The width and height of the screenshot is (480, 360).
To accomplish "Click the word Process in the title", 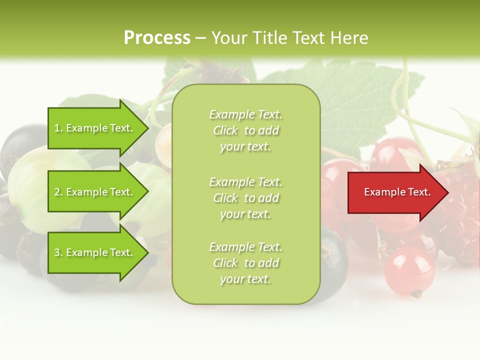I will [x=157, y=38].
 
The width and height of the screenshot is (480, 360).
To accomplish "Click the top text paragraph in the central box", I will [x=245, y=130].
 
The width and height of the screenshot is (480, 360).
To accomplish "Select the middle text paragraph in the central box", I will [x=245, y=198].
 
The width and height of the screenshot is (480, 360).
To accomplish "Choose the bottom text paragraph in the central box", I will [x=245, y=263].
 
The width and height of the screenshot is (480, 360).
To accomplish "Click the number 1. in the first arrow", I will [x=58, y=128].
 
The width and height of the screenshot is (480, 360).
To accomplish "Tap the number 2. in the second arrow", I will [x=58, y=192].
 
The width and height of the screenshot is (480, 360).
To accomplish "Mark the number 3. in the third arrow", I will [x=58, y=252].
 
